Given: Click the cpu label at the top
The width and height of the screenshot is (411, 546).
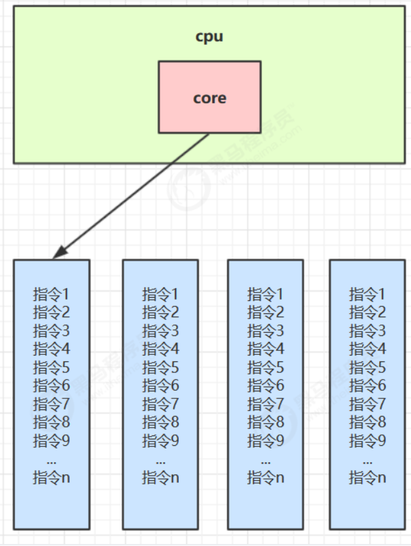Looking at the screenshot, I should (209, 37).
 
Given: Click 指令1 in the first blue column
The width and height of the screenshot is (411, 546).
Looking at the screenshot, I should (51, 294).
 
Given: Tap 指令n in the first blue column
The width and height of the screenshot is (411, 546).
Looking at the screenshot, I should (51, 478).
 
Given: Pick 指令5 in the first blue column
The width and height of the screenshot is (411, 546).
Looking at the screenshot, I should (51, 367).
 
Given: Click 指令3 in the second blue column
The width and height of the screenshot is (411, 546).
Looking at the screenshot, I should (161, 330).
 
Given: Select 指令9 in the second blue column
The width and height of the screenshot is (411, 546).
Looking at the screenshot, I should (161, 441).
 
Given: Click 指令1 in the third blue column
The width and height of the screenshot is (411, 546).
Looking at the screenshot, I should (265, 294).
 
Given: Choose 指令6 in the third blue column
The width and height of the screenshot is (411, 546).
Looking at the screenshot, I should (265, 385).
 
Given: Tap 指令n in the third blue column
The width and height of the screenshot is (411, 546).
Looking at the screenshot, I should (265, 478).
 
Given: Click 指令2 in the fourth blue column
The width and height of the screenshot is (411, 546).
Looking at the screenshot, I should (367, 312).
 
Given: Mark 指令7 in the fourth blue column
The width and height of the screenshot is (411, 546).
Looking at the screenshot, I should (367, 404).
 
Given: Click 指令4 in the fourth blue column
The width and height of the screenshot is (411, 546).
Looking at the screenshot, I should (367, 349).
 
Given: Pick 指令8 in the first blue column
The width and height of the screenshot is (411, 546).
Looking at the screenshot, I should (51, 422).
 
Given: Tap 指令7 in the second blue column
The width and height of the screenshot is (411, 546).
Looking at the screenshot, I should (161, 404).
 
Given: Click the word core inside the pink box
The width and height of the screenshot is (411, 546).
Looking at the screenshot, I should (209, 98).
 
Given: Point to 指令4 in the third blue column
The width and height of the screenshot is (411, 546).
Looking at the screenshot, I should (265, 349).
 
